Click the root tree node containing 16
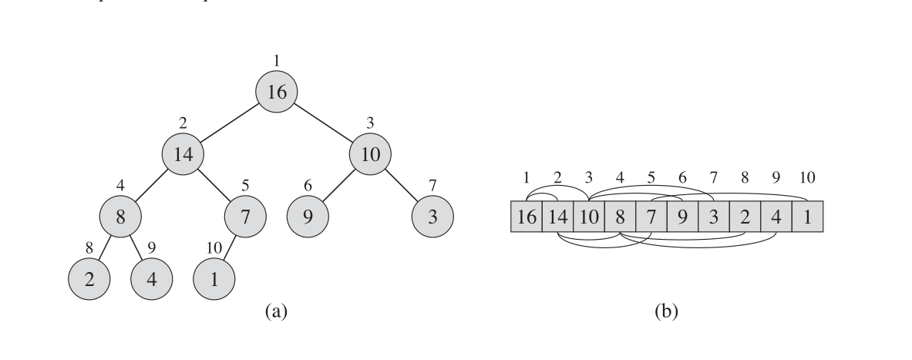277,93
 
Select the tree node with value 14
183,154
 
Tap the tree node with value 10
370,154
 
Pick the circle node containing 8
120,217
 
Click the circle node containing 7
245,217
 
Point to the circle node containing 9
308,217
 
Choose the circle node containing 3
432,217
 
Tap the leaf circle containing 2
89,278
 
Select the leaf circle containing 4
152,278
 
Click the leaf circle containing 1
214,278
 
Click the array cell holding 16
527,217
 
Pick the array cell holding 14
557,217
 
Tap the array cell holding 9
682,217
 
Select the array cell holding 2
745,217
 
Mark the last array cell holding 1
807,217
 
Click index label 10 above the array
807,178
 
